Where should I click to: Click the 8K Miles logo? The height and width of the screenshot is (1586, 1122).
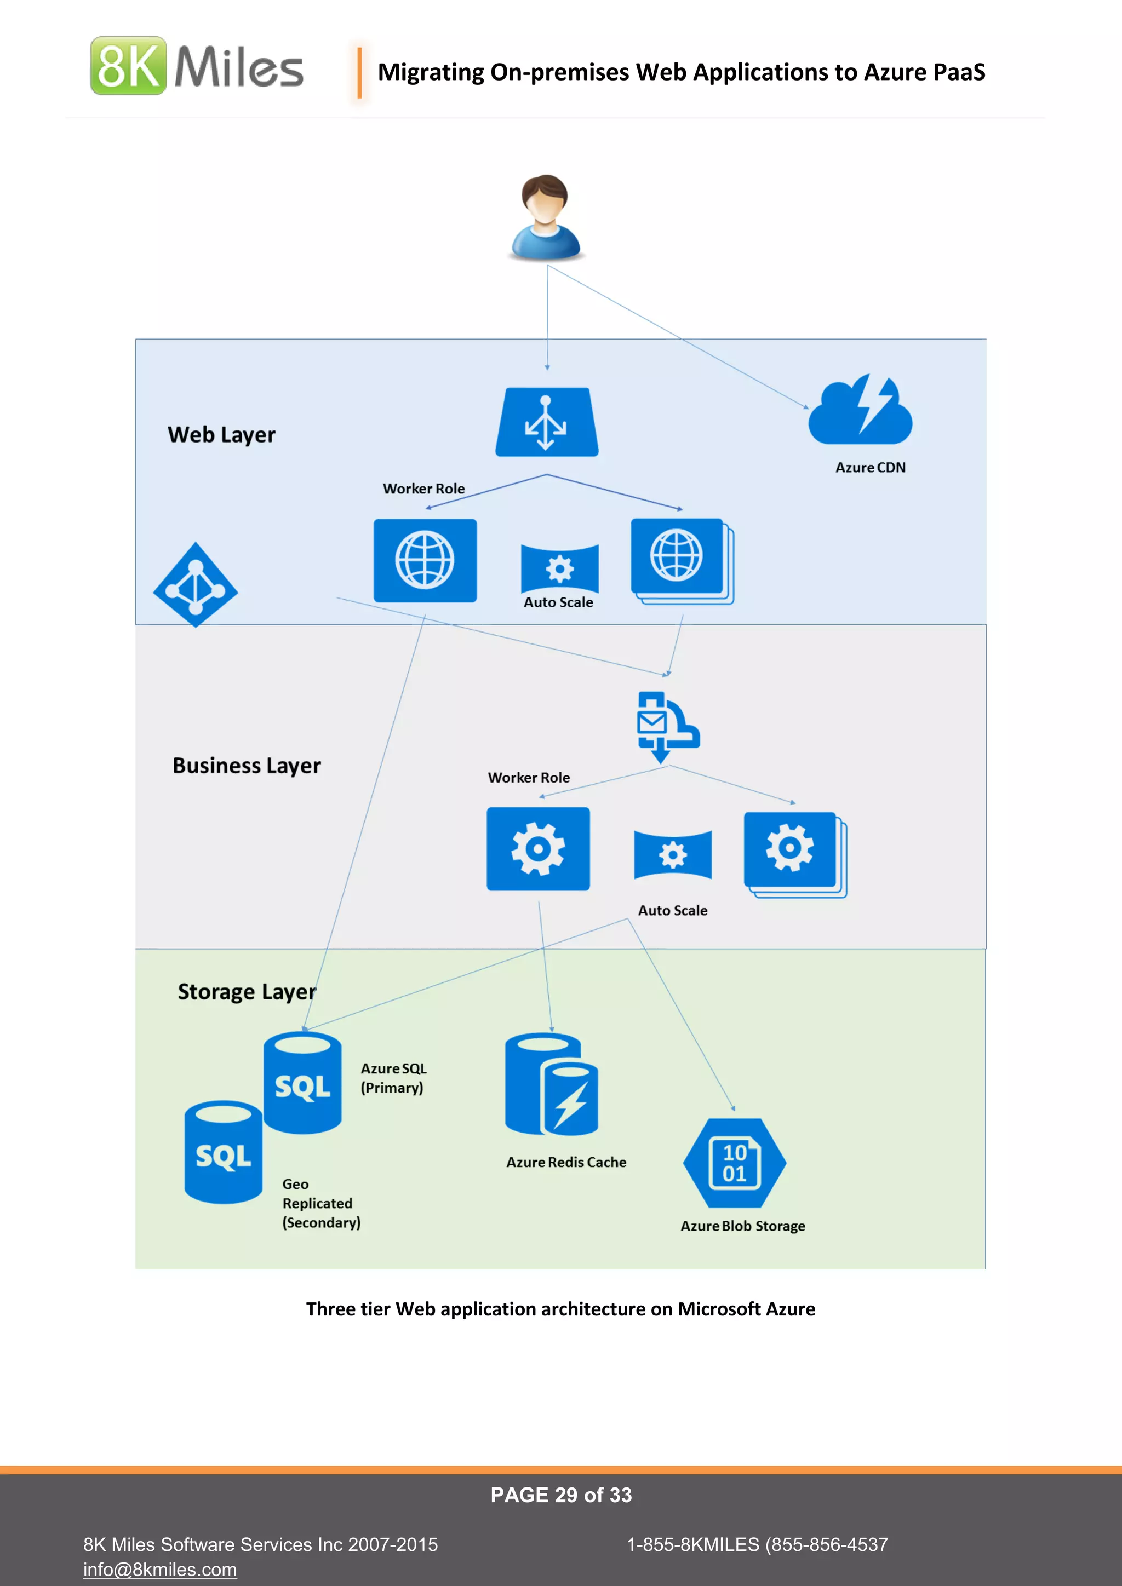[x=197, y=66]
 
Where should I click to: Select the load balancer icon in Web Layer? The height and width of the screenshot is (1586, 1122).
[x=547, y=422]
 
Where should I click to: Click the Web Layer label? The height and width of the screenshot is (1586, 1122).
[x=221, y=434]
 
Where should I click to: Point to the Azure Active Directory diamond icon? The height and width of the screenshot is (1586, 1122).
[x=196, y=585]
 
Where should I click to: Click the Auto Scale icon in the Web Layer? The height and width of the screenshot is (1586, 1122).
[x=559, y=568]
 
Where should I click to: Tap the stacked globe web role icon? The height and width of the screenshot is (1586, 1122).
[x=680, y=560]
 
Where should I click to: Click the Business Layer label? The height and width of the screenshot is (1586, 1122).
[x=247, y=766]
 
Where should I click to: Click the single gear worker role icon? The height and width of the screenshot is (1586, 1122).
[x=538, y=849]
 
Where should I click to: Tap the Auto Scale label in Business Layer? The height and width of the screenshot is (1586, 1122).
[x=672, y=910]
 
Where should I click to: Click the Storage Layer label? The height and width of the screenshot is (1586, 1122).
[x=247, y=991]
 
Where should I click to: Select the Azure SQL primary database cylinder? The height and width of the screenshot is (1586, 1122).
[x=302, y=1082]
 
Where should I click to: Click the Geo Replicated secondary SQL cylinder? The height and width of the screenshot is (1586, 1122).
[x=223, y=1152]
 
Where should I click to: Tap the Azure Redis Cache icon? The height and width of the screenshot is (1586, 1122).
[x=551, y=1084]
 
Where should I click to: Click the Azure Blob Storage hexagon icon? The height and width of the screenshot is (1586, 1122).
[x=735, y=1163]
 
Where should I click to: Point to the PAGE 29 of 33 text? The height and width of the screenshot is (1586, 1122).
[x=561, y=1495]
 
